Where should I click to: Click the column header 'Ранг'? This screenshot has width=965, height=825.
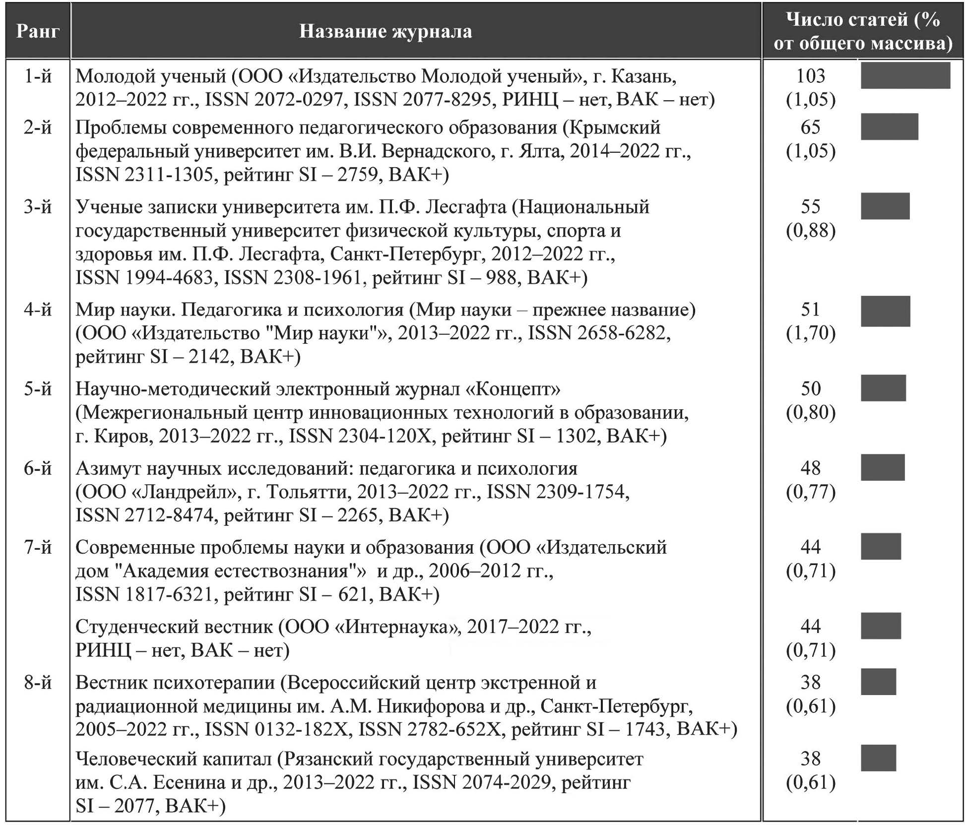38,31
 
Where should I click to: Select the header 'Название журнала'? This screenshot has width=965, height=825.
386,31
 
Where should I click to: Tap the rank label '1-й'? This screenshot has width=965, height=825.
38,76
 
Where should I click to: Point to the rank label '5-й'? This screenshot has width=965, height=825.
38,389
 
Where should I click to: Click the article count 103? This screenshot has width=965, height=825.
810,76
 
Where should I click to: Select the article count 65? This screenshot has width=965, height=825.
810,127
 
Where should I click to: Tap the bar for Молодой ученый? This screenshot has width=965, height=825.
905,76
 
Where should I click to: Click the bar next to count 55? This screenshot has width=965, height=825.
885,206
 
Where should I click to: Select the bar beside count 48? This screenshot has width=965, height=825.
882,468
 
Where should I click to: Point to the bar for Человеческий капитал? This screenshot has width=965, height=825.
878,758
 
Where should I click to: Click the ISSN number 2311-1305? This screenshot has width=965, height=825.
169,175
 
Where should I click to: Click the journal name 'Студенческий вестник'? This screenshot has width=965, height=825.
174,627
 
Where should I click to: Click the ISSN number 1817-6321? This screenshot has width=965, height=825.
169,594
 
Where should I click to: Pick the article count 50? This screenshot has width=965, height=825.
810,388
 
